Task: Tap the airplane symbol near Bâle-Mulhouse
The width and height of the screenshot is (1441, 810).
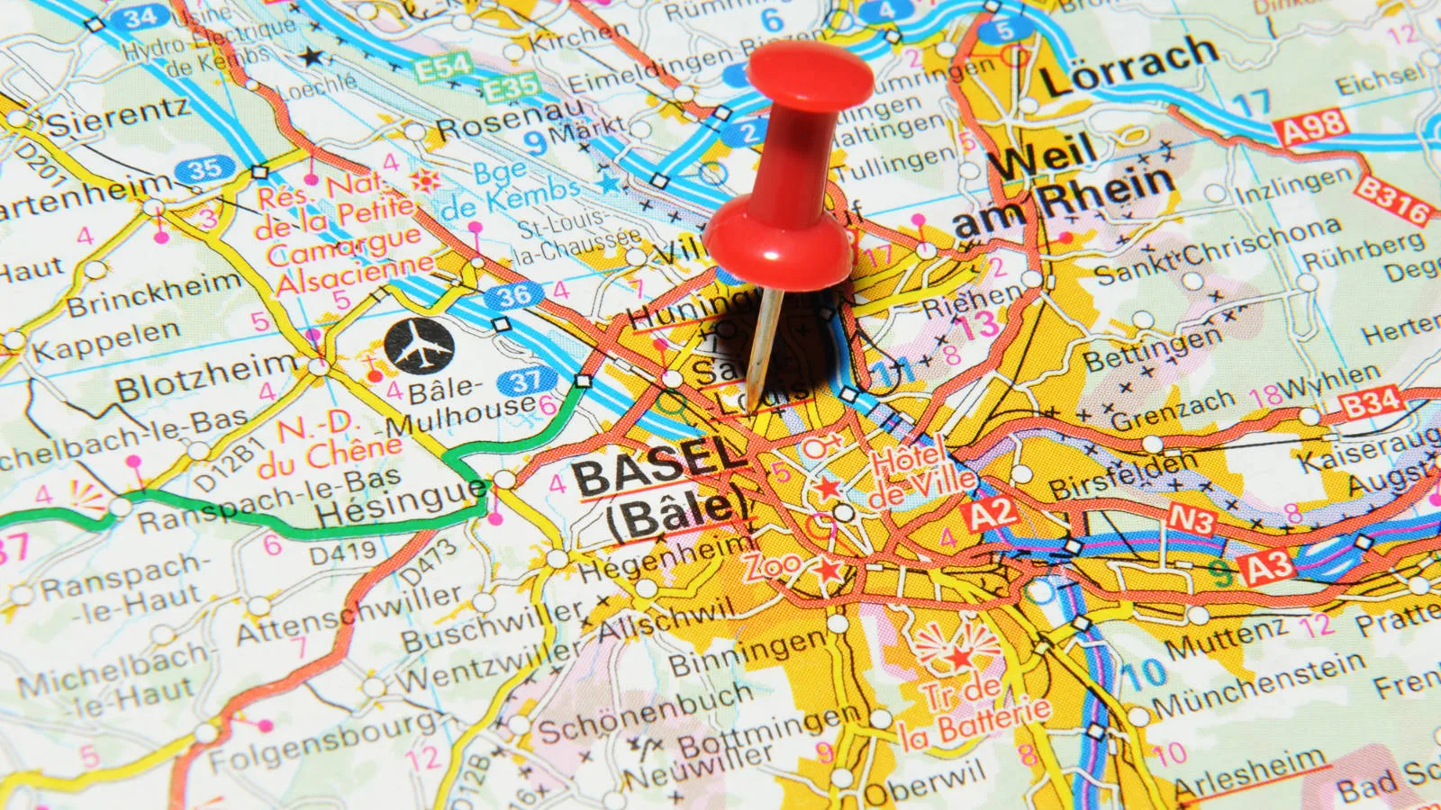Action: (419, 344)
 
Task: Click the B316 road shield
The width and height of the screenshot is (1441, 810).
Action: (1391, 201)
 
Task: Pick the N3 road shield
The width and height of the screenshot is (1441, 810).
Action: (1192, 520)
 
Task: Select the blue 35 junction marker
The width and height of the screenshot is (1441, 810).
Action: (204, 168)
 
